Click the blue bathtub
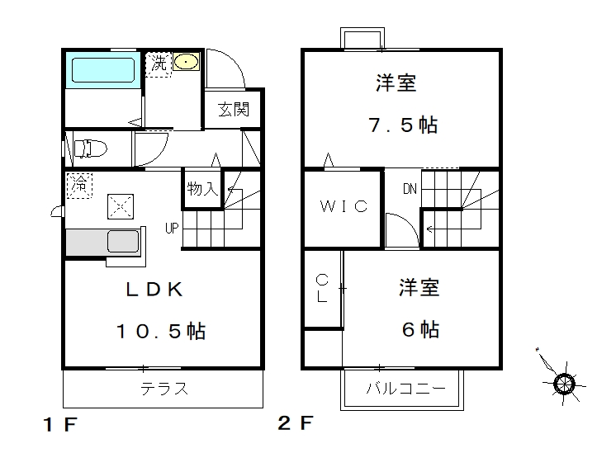[x=103, y=70]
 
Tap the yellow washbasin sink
[x=186, y=62]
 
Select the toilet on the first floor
[x=90, y=149]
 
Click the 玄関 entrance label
[x=234, y=110]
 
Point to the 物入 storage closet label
[x=202, y=189]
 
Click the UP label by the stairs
[x=172, y=228]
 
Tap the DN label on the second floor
[x=410, y=189]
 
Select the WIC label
[x=344, y=206]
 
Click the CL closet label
[x=322, y=288]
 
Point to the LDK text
[x=154, y=290]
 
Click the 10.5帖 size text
[x=161, y=331]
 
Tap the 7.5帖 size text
[x=403, y=125]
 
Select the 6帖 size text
[x=420, y=329]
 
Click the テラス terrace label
[x=164, y=389]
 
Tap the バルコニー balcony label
[x=405, y=389]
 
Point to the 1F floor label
[x=59, y=424]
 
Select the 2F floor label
[x=296, y=422]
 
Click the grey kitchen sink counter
[x=103, y=242]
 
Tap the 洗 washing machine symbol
[x=159, y=64]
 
